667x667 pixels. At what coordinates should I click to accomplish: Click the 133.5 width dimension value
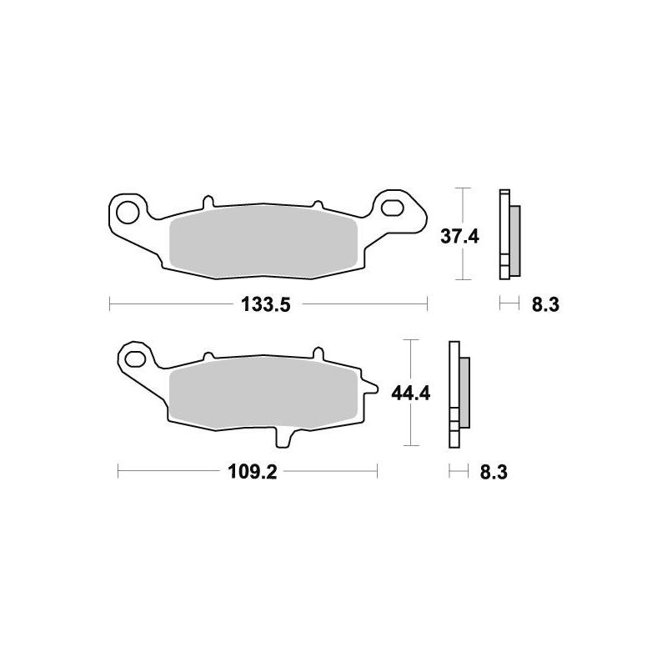click(x=265, y=305)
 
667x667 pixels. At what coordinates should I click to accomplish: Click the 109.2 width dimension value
click(x=252, y=473)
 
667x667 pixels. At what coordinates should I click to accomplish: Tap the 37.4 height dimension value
click(x=459, y=236)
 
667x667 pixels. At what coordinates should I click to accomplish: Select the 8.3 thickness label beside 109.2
click(x=494, y=473)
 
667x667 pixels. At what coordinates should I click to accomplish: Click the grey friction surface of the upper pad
click(x=263, y=242)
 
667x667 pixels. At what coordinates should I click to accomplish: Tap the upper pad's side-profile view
click(x=509, y=235)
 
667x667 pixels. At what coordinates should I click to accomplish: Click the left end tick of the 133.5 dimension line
click(x=110, y=305)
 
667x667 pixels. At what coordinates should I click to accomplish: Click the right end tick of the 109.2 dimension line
click(x=378, y=473)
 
